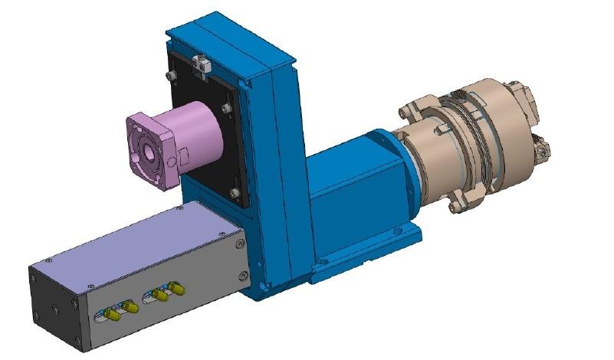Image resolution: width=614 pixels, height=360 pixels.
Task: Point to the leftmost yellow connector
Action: click(112, 314)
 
